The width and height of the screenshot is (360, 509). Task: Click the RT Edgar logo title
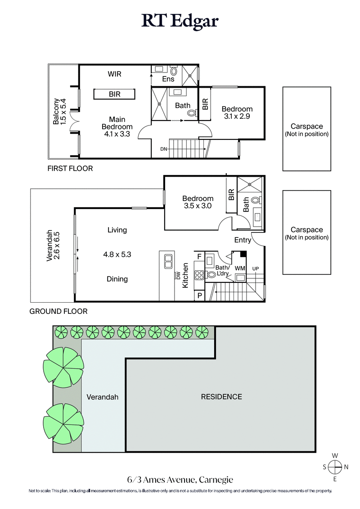(180, 21)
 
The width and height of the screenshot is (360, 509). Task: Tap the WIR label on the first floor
(114, 74)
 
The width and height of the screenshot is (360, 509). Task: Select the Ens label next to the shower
(169, 79)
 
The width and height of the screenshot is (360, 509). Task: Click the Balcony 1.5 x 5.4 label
(59, 112)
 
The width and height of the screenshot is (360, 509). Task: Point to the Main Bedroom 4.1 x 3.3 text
(117, 126)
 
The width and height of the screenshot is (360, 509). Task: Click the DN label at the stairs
(164, 149)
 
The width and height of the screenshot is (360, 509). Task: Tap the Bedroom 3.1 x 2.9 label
(237, 112)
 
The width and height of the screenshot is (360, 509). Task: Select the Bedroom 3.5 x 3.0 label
(198, 202)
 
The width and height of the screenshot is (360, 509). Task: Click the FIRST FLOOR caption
(70, 169)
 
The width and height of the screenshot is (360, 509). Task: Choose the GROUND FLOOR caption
(58, 311)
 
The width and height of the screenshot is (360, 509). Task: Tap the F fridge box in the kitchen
(199, 256)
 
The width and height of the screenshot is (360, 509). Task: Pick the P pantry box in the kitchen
(199, 295)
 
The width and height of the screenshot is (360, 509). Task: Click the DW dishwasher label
(178, 275)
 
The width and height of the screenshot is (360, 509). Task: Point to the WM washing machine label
(239, 268)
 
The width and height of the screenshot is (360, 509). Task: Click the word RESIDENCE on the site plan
(221, 397)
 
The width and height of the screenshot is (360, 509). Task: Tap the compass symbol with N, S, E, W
(335, 467)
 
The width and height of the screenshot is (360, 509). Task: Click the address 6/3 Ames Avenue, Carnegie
(180, 480)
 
